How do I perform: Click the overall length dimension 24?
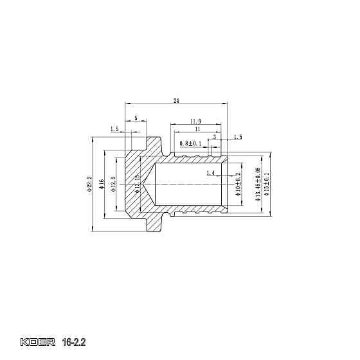tap(176, 100)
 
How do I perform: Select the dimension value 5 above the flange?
tap(136, 118)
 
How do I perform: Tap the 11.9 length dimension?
tap(195, 121)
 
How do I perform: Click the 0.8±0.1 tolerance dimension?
tap(190, 143)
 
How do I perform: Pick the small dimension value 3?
tap(215, 137)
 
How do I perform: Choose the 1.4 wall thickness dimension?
tap(211, 174)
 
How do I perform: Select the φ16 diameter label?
tap(102, 184)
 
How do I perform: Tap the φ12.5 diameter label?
tap(113, 183)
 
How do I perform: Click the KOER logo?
tap(39, 341)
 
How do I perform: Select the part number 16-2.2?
tap(74, 341)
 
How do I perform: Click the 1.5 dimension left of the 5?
tap(114, 129)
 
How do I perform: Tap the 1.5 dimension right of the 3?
tap(238, 137)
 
